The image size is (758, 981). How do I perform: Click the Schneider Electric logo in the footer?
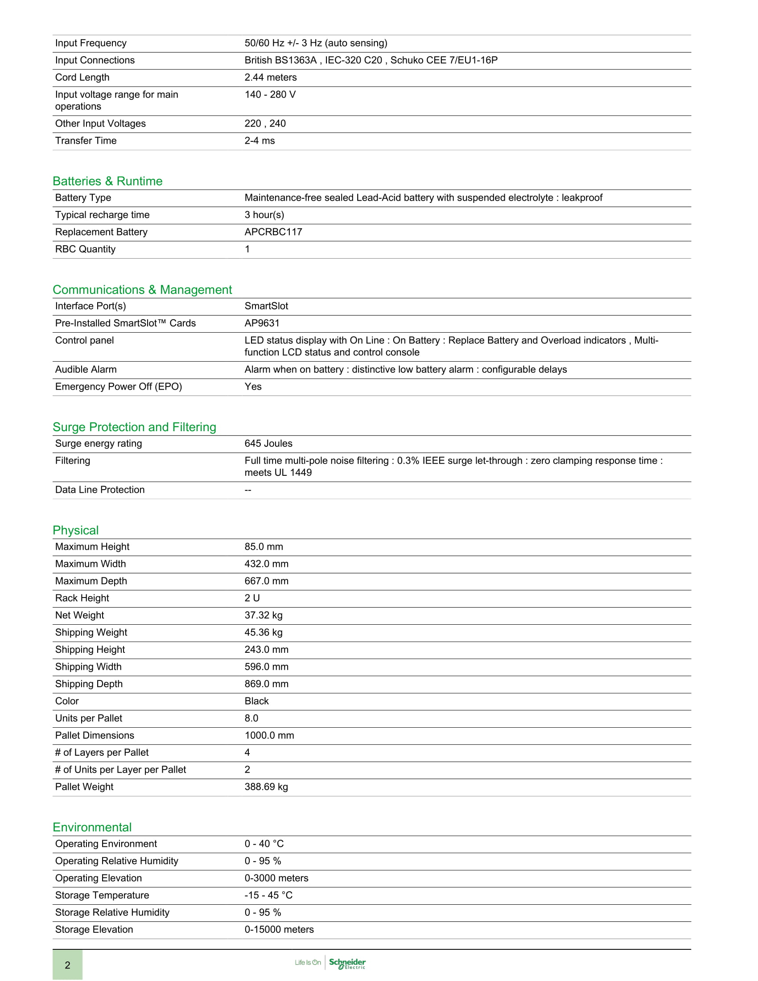tap(347, 963)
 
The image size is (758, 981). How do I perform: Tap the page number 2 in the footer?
tap(67, 965)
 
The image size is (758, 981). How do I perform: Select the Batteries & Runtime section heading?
tap(107, 181)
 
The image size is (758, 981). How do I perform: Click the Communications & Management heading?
tap(142, 290)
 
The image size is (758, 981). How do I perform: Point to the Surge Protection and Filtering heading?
tap(134, 427)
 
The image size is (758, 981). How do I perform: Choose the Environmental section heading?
tap(92, 827)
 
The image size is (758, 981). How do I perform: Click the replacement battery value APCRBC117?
tap(273, 232)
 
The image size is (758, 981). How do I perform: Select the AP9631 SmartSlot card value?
tap(262, 323)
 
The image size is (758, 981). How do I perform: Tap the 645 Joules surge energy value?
tap(268, 443)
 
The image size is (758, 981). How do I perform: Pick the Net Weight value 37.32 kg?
tap(263, 615)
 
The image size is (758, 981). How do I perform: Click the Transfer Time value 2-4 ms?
tap(260, 140)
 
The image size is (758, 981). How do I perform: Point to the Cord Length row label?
tap(82, 77)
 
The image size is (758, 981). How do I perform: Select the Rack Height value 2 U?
tap(252, 598)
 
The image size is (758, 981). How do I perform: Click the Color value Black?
tap(256, 701)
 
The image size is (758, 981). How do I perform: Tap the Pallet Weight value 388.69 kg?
tap(266, 787)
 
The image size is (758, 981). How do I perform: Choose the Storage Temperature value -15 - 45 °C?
tap(268, 895)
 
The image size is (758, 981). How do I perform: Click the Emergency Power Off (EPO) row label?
tap(119, 386)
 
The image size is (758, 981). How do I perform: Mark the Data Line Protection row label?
tap(100, 490)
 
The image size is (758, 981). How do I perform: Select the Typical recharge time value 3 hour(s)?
tap(264, 215)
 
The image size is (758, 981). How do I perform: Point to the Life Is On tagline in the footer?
tap(308, 962)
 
